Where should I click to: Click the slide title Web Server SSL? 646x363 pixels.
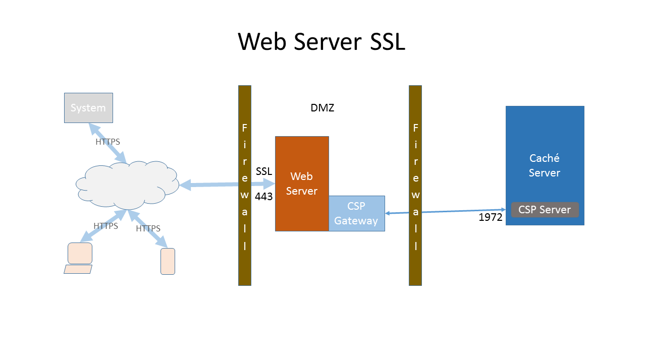(321, 41)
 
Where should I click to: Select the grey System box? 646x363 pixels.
(88, 108)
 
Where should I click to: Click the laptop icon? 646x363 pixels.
(79, 258)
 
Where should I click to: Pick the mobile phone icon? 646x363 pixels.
(168, 261)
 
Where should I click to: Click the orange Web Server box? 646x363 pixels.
(302, 184)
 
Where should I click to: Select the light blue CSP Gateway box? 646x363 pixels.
(356, 213)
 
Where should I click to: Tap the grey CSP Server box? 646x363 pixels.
(545, 210)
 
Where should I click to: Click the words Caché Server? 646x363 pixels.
(545, 165)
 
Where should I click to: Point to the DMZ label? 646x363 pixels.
(322, 108)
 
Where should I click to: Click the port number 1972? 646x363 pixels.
(491, 217)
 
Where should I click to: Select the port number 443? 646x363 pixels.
(263, 197)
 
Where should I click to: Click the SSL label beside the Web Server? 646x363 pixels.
(264, 171)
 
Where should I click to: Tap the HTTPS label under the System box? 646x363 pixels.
(108, 142)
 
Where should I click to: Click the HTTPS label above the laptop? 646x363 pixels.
(106, 226)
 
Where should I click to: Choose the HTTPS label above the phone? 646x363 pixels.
(148, 228)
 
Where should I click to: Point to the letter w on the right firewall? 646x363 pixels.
(416, 195)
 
